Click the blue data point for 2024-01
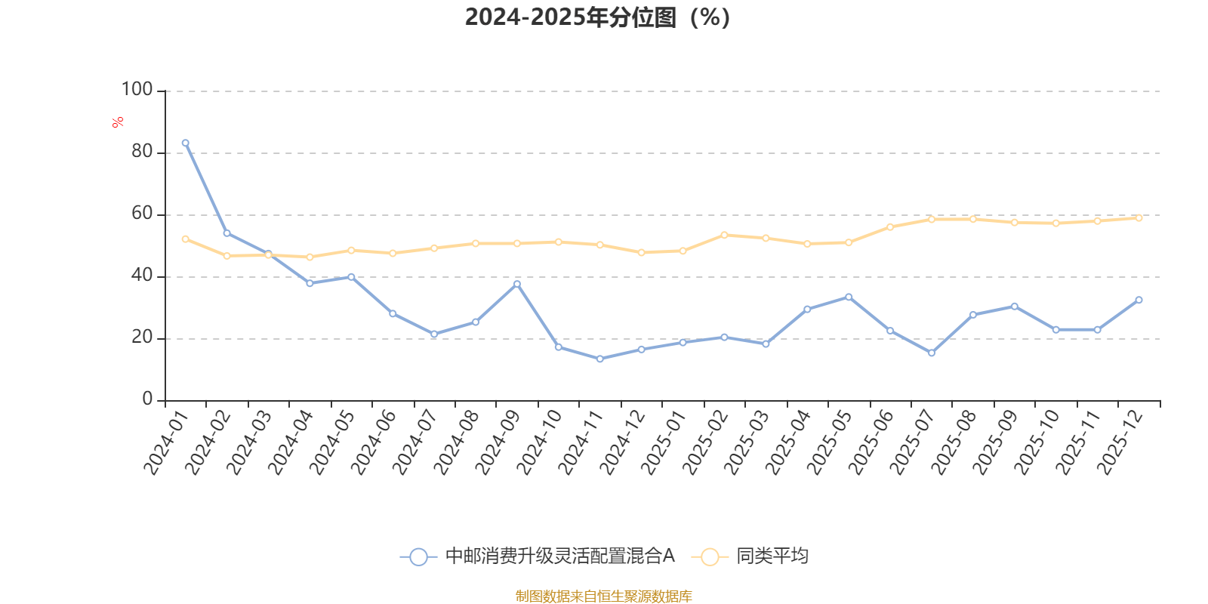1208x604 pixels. coord(185,143)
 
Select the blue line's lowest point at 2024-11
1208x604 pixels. coord(599,359)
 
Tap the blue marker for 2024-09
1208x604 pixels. coord(517,284)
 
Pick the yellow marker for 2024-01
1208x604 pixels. coord(185,239)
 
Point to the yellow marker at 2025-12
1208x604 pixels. coord(1139,217)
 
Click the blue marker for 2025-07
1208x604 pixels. coord(931,353)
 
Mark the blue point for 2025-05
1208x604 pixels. coord(849,297)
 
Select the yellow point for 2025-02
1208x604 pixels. coord(724,235)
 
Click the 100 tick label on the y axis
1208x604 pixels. coord(137,90)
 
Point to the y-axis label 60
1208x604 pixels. coord(141,214)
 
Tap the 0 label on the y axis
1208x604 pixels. coord(147,399)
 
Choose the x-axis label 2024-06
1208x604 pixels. coord(373,443)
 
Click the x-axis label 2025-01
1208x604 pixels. coord(663,443)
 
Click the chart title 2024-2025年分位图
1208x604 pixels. coord(596,17)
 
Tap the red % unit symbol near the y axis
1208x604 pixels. coord(117,122)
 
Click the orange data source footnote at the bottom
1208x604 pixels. coord(603,596)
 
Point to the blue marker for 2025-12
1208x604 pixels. coord(1139,300)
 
